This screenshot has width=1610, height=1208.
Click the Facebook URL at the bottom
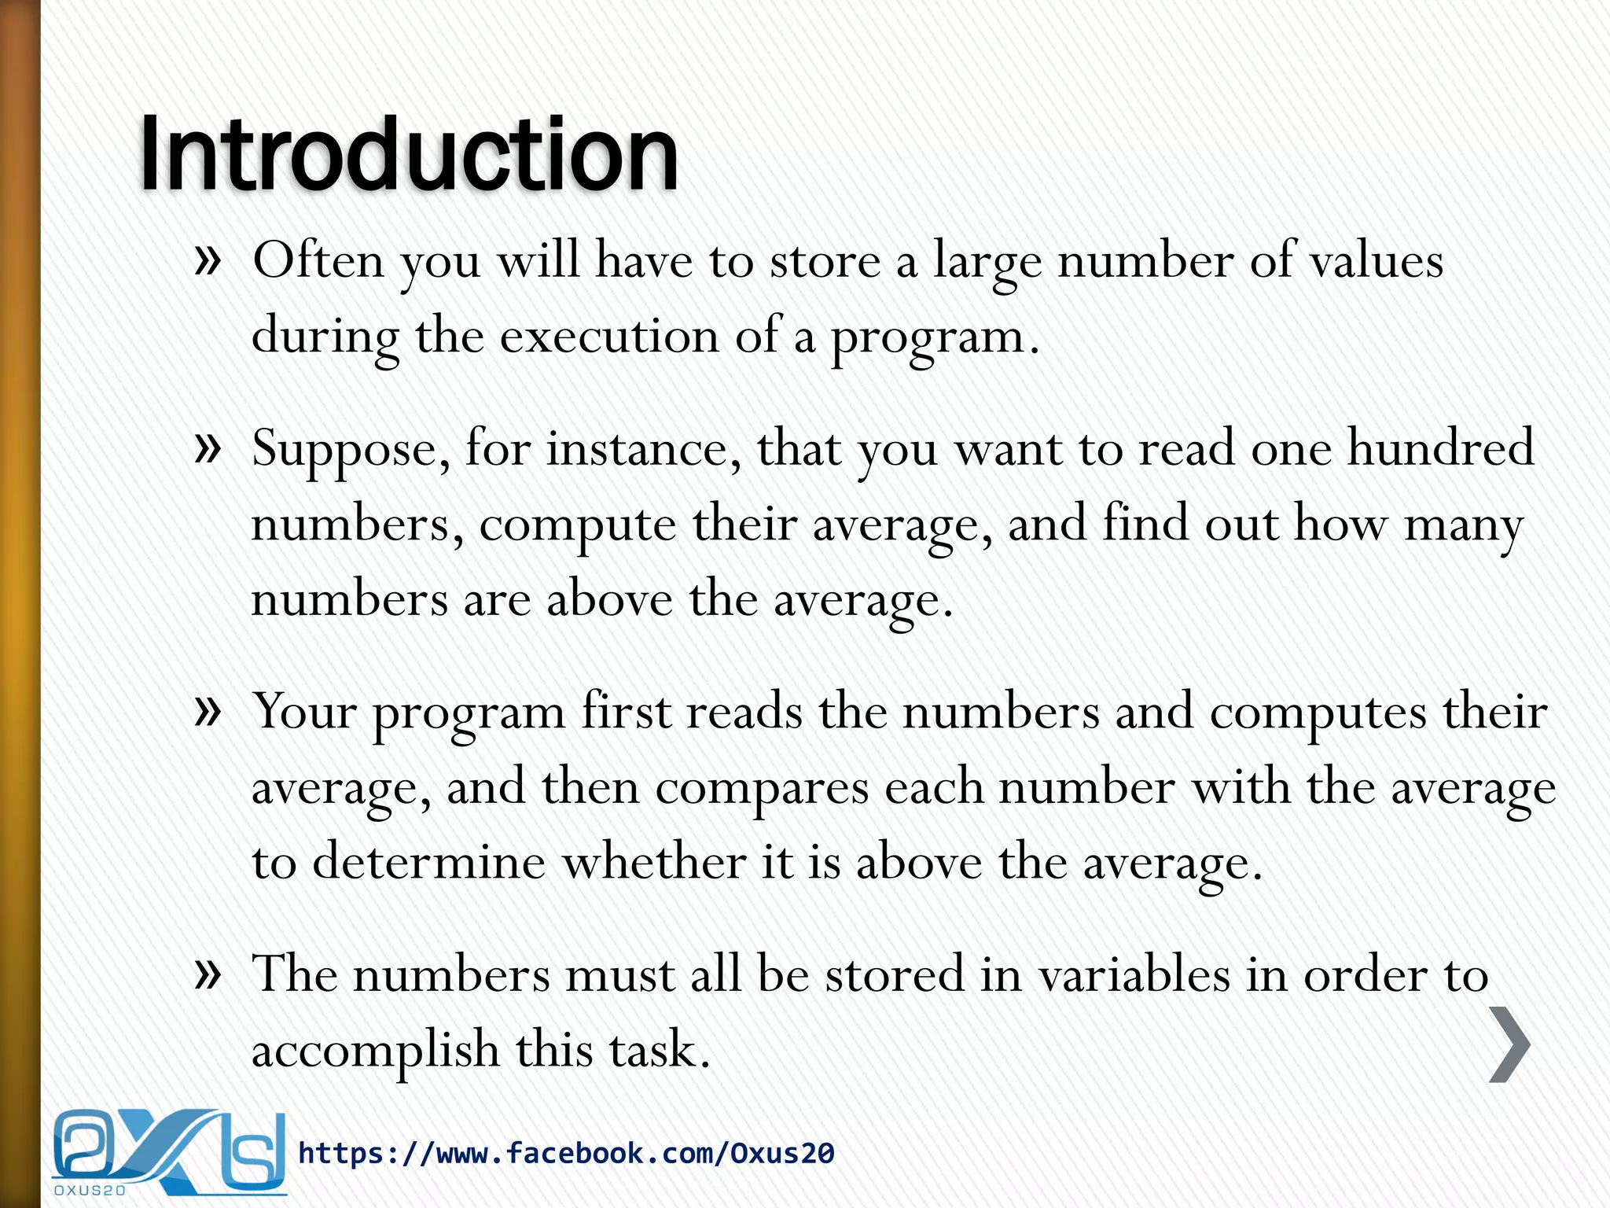click(x=566, y=1153)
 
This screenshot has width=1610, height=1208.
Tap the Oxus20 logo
click(x=169, y=1151)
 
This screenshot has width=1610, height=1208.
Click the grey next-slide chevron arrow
click(x=1509, y=1044)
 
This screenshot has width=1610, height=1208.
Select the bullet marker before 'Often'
click(x=207, y=260)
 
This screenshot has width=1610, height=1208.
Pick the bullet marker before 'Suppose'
click(x=207, y=449)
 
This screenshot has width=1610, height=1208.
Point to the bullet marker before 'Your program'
click(x=207, y=712)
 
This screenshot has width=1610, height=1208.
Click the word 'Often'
click(x=318, y=260)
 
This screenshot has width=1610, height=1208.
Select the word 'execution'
click(x=609, y=337)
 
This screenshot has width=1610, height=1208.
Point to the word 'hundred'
click(x=1440, y=448)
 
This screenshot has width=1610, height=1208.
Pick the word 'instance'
click(x=643, y=449)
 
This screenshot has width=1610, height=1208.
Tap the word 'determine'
click(x=429, y=862)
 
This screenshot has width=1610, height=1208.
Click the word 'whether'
click(x=654, y=862)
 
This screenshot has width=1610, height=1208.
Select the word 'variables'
click(x=1134, y=975)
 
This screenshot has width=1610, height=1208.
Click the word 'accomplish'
click(x=375, y=1051)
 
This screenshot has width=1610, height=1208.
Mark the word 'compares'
click(x=762, y=787)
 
